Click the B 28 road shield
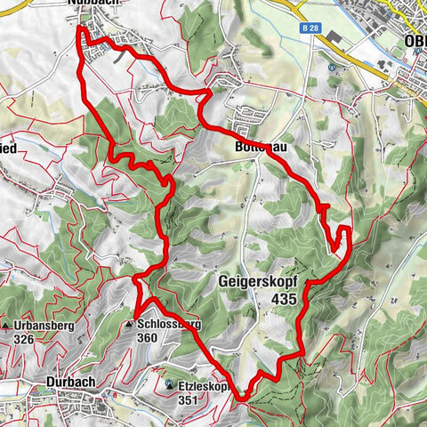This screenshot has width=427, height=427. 310,28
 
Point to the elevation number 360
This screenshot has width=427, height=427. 148,338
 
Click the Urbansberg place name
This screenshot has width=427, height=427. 43,326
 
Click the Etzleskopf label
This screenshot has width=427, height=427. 207,388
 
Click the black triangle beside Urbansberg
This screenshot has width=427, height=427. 5,326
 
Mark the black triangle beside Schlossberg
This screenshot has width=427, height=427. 129,325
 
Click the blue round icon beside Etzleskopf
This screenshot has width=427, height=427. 169,384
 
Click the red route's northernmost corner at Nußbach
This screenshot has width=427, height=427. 82,29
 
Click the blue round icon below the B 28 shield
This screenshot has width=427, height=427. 331,67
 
